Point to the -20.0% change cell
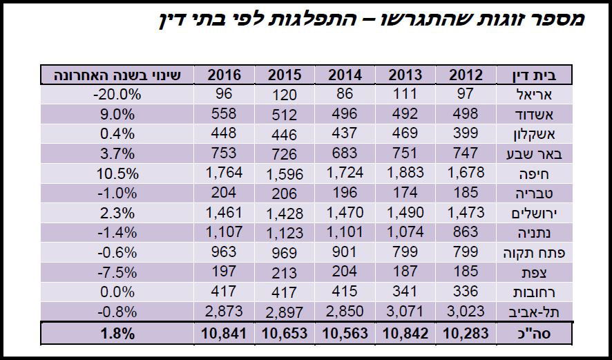coord(117,95)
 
